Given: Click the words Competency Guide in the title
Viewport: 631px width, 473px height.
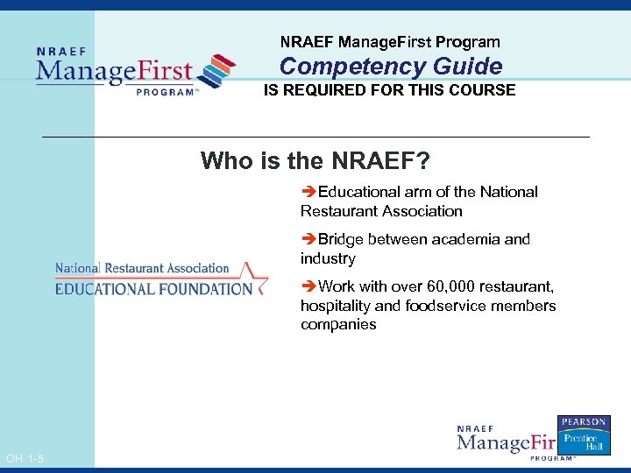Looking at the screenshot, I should click(x=391, y=67).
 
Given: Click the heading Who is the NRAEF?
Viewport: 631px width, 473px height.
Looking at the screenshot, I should click(x=315, y=161).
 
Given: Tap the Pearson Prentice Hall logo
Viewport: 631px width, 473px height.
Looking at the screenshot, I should click(x=584, y=434).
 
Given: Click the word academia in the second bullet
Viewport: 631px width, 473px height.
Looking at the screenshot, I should click(x=469, y=239).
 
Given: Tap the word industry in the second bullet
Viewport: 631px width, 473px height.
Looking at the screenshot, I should click(x=328, y=258).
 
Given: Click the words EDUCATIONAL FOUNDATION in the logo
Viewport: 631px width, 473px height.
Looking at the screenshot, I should click(x=153, y=288).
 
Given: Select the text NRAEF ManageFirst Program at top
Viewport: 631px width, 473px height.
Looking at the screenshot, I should click(x=390, y=42).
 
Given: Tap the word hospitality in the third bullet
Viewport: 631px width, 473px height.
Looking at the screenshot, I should click(x=337, y=306).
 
